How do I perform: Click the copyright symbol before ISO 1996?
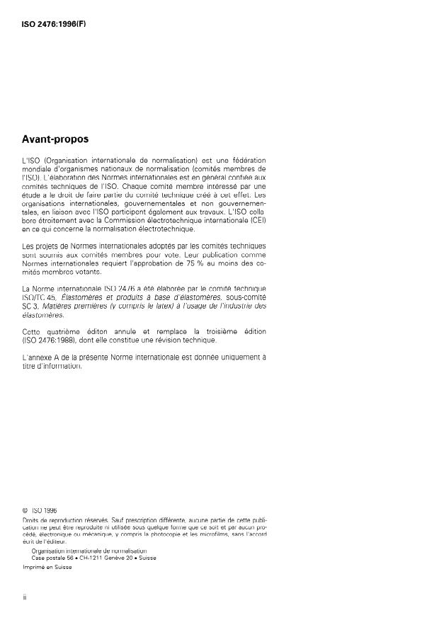[25, 509]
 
